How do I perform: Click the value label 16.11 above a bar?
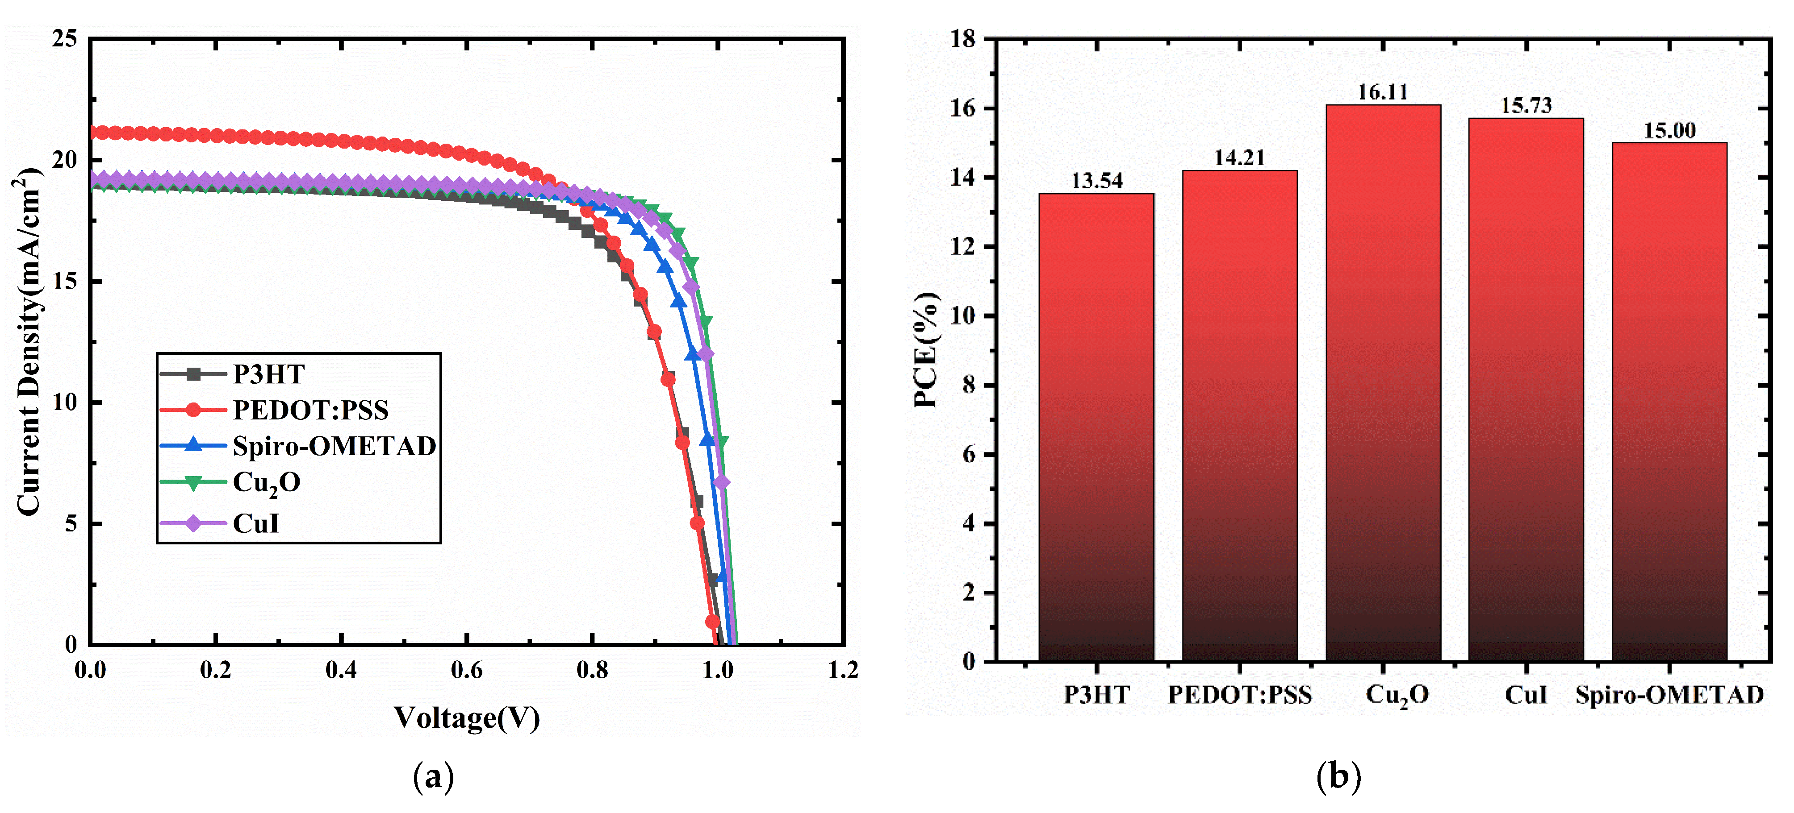click(x=1382, y=92)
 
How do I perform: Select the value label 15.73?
click(x=1526, y=106)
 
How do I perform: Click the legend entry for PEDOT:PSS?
click(x=310, y=410)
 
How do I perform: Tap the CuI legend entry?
click(x=255, y=523)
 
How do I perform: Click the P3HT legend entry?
click(x=268, y=374)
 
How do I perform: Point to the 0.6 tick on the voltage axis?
click(x=466, y=670)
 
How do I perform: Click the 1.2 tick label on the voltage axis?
click(x=843, y=670)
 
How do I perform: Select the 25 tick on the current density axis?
click(x=65, y=39)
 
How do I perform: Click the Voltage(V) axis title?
click(x=467, y=717)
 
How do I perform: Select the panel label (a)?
click(x=433, y=776)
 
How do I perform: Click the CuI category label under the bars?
click(x=1526, y=695)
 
